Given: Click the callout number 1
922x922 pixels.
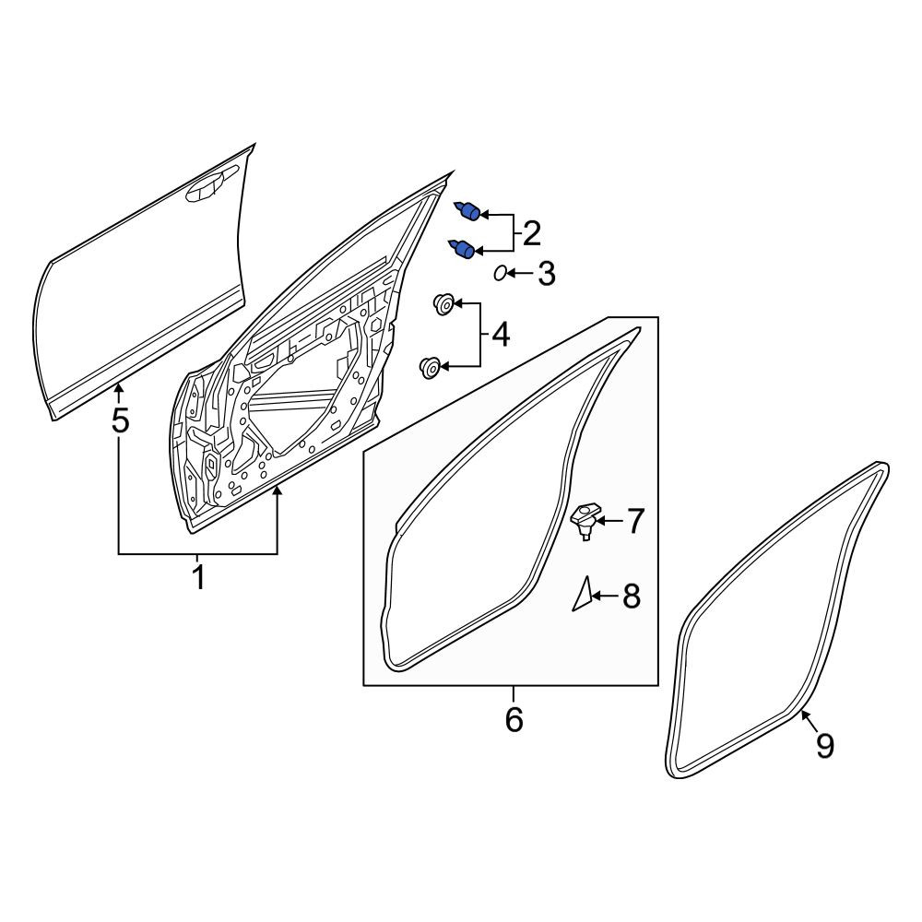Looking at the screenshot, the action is tap(199, 577).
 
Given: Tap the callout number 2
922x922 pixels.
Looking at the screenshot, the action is tap(531, 233).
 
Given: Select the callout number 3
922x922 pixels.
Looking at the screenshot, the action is tap(547, 274).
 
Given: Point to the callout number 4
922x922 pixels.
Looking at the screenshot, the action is tap(501, 335).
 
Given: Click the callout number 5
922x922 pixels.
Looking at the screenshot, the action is tap(120, 420).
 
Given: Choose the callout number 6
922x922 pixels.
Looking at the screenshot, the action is tap(514, 719).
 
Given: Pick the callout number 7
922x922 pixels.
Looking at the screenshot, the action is tap(634, 522).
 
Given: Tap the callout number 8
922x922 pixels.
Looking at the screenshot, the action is tap(631, 597).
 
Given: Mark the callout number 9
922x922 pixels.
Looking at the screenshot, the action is tap(825, 746).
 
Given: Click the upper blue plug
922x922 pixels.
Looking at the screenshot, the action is tap(468, 210).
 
